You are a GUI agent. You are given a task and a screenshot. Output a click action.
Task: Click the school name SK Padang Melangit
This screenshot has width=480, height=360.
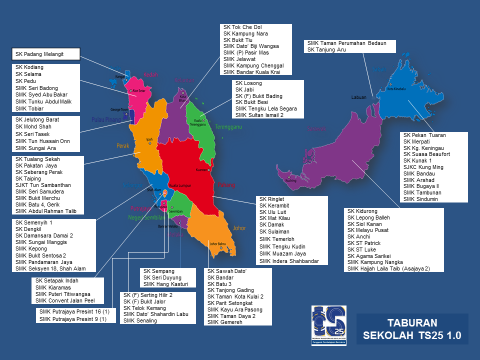(x=39, y=53)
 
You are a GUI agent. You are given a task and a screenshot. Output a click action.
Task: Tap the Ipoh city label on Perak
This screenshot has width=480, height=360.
(x=149, y=139)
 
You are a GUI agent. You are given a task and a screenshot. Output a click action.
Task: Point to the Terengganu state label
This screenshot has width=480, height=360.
(x=228, y=127)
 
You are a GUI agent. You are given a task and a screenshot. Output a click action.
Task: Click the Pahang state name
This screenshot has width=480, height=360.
(x=225, y=185)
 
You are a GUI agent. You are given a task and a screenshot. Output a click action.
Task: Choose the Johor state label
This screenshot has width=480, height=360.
(x=239, y=228)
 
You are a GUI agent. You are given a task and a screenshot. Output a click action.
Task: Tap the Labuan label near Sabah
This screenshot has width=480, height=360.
(x=359, y=97)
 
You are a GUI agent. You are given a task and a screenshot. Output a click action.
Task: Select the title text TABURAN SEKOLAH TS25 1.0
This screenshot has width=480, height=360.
(x=412, y=328)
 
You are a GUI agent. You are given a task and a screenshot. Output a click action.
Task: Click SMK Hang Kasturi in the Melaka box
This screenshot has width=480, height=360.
(x=165, y=284)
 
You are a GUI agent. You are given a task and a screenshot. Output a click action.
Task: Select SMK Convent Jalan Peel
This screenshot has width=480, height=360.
(x=65, y=301)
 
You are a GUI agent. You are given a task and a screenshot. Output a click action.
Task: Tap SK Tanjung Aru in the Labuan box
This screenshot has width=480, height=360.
(x=326, y=49)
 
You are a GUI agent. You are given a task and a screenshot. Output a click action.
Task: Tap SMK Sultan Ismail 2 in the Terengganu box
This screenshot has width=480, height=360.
(x=266, y=115)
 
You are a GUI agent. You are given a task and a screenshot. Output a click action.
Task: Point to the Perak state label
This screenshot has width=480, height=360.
(x=123, y=146)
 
